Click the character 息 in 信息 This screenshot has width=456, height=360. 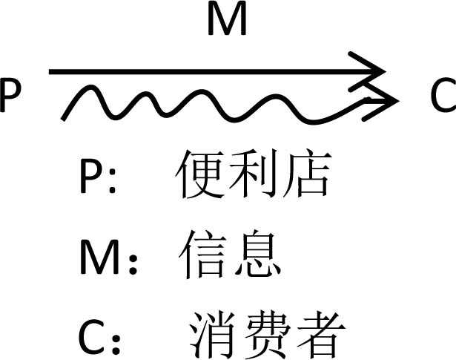257,255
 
